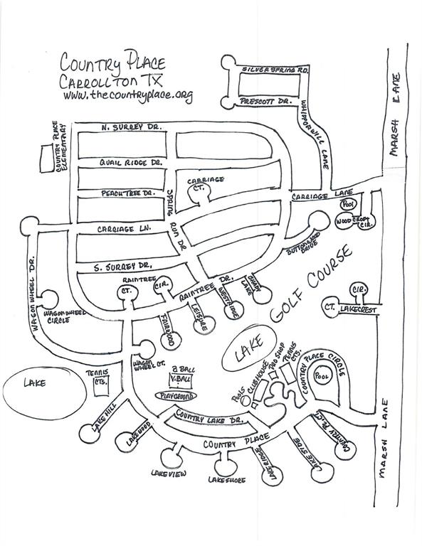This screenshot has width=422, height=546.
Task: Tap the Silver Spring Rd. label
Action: [266, 70]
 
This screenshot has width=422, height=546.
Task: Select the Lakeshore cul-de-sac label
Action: [227, 481]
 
